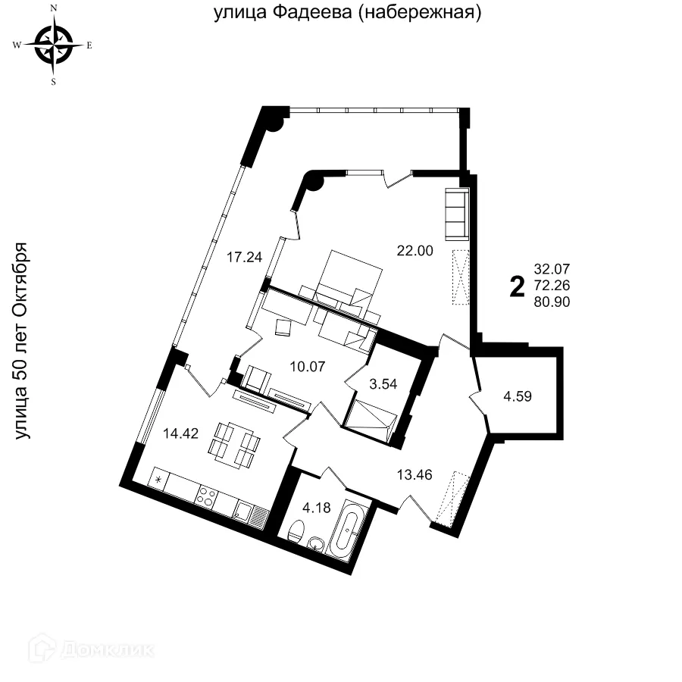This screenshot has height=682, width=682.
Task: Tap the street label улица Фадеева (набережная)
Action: [348, 13]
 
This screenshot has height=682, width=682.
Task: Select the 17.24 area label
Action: [245, 257]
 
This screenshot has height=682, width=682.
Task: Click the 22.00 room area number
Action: [415, 251]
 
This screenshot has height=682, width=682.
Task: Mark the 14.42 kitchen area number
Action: [181, 434]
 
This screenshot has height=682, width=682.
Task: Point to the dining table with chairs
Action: [234, 443]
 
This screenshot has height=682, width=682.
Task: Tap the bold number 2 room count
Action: [518, 286]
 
